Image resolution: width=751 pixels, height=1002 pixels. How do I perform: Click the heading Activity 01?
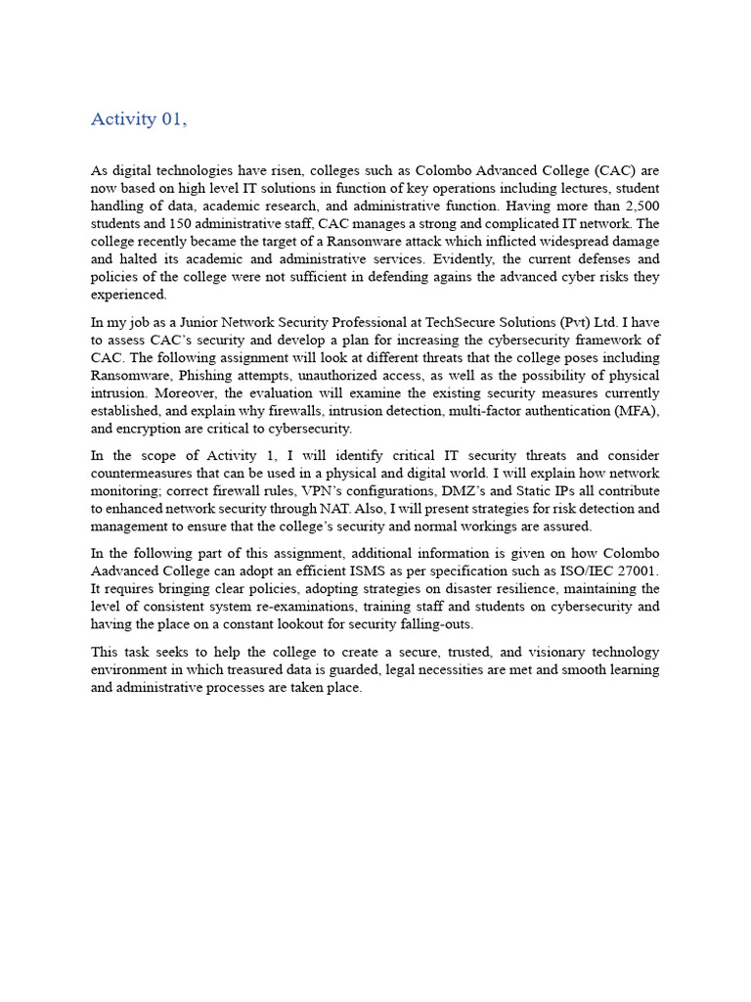tap(138, 119)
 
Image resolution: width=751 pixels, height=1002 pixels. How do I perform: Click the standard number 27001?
tap(634, 571)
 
